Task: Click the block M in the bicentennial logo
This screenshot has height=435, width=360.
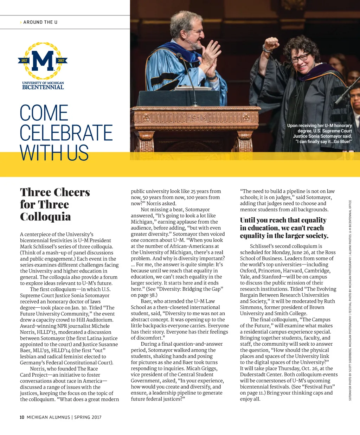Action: [43, 60]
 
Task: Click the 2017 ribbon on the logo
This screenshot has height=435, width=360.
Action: [61, 60]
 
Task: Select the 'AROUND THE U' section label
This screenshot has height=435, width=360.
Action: [40, 22]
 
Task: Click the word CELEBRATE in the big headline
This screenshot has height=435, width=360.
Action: [66, 133]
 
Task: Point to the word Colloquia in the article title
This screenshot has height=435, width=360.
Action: [45, 216]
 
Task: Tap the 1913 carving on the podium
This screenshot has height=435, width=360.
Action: [197, 117]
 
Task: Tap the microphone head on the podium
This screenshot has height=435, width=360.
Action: [179, 56]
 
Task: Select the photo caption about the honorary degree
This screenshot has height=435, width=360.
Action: [319, 133]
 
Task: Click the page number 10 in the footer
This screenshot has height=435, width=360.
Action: [22, 417]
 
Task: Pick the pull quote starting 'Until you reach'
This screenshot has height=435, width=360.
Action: [284, 228]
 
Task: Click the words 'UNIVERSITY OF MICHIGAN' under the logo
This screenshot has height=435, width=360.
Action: [43, 83]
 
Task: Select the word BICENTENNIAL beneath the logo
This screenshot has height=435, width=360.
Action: [43, 87]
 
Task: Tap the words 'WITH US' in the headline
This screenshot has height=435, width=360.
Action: [54, 153]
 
